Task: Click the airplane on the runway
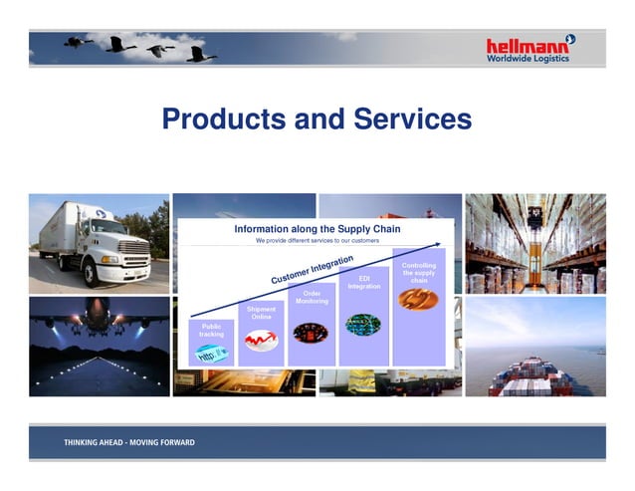(x=98, y=317)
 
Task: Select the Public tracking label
(x=211, y=330)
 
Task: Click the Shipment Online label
(x=261, y=313)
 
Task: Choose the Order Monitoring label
(x=312, y=297)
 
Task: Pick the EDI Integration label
(x=363, y=282)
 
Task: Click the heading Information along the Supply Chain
(x=316, y=228)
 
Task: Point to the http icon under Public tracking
(x=211, y=354)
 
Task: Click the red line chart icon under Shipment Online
(x=261, y=341)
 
